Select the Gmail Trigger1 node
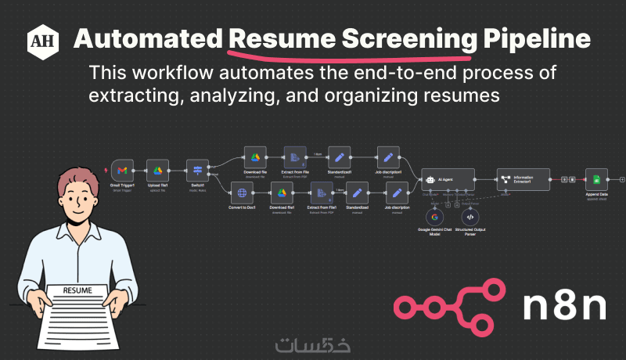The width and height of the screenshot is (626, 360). point(122,170)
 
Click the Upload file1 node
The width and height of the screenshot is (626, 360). point(157,170)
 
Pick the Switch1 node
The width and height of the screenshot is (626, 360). point(197,170)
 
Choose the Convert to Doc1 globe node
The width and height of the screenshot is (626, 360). point(242,193)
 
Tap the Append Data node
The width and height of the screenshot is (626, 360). point(596,180)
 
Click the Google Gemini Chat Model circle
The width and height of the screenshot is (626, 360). point(434,217)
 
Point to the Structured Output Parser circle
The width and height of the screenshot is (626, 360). point(469,217)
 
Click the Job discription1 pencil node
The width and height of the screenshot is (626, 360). point(389,157)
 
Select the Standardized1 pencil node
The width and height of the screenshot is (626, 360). point(340,157)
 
